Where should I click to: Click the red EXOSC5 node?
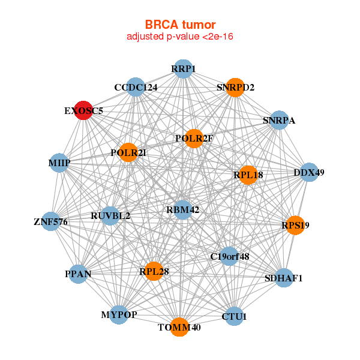click(x=84, y=110)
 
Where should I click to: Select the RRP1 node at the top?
click(x=184, y=69)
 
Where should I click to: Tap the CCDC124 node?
click(x=136, y=88)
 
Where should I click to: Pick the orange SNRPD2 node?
click(x=235, y=87)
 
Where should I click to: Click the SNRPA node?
click(x=279, y=120)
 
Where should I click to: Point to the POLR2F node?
click(x=194, y=139)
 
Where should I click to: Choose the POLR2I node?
click(x=128, y=152)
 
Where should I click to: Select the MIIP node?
click(x=59, y=163)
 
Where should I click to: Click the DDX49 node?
click(x=309, y=172)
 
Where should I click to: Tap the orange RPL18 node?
click(x=248, y=175)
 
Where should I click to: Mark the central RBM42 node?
click(x=182, y=209)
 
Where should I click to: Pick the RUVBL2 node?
click(x=110, y=215)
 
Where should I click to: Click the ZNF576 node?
click(x=51, y=222)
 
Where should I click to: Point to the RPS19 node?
click(x=295, y=226)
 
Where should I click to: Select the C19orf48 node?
click(x=229, y=256)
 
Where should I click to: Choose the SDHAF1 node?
click(x=284, y=278)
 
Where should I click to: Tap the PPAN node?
click(x=78, y=274)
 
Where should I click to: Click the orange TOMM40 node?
click(x=179, y=327)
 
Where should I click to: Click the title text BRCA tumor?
click(x=180, y=25)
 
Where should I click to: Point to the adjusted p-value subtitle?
click(x=180, y=37)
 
